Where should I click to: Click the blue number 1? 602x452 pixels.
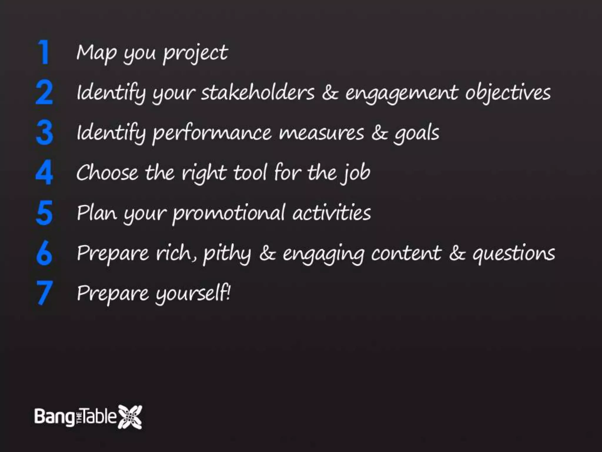(x=44, y=52)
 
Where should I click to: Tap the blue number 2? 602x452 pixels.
(x=44, y=92)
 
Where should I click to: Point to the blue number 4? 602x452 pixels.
(x=44, y=172)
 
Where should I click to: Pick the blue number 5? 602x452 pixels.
(x=44, y=212)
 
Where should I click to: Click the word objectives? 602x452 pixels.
(x=508, y=93)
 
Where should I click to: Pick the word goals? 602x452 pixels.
(x=417, y=134)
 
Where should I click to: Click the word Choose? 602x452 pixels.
(x=107, y=173)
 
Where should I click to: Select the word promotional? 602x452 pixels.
(x=229, y=213)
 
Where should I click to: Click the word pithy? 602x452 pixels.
(x=227, y=254)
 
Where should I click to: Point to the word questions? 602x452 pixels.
(x=514, y=254)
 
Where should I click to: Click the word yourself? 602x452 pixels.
(x=193, y=294)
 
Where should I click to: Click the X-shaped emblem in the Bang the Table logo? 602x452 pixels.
(x=130, y=417)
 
